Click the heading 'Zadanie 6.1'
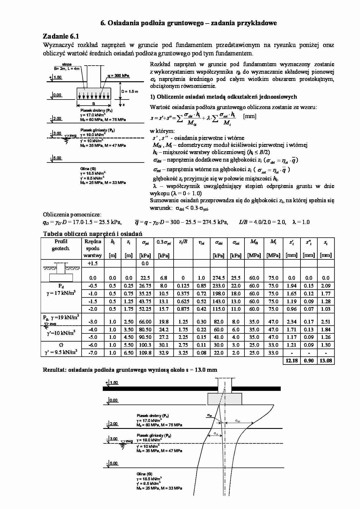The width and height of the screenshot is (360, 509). (61, 36)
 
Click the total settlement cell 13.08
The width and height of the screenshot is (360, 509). (326, 361)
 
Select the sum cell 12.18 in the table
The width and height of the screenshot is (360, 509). (291, 361)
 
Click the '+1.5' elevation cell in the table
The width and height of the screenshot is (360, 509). (93, 263)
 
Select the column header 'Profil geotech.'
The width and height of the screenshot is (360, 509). (61, 245)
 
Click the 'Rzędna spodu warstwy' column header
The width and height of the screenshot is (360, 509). (93, 248)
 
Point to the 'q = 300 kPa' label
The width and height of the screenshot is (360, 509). (118, 75)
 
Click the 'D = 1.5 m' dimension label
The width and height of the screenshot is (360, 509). (130, 92)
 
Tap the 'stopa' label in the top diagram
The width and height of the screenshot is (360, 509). (67, 64)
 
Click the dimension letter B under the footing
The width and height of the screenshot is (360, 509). (93, 104)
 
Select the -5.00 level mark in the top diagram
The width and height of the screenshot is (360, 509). (56, 158)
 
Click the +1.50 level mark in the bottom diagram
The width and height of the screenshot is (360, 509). (113, 382)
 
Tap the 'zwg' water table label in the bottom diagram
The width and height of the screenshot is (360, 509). (129, 441)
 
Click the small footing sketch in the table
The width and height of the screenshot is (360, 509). (61, 272)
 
